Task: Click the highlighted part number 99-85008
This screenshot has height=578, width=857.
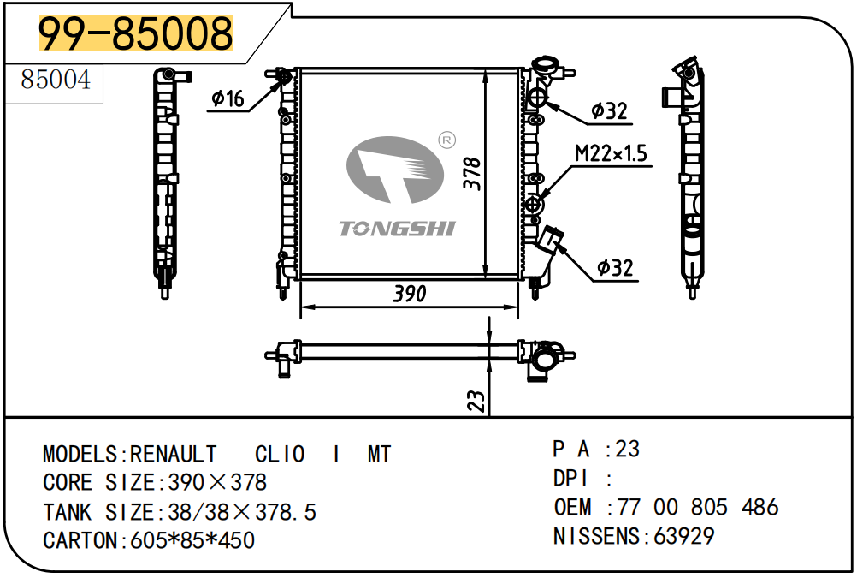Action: point(136,34)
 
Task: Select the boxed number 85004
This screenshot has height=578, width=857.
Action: point(55,81)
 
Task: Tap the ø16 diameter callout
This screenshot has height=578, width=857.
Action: point(228,99)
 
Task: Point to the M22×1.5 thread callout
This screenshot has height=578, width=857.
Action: point(611,154)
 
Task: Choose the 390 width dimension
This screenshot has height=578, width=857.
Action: point(409,294)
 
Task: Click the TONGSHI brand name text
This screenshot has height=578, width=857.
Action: point(397,229)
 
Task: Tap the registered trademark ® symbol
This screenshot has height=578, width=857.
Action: point(446,139)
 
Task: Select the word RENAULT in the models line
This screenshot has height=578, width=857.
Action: point(174,454)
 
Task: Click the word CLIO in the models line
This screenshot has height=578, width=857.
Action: point(280,454)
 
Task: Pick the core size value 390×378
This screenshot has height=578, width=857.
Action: point(217,482)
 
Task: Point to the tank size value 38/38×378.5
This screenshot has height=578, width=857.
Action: point(242,512)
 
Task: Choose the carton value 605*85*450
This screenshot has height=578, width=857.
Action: point(191,540)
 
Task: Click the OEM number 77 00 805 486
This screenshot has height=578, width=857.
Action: point(698,507)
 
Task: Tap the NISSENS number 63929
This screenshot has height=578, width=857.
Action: point(684,536)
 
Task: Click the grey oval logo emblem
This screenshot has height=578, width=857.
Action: point(394,170)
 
